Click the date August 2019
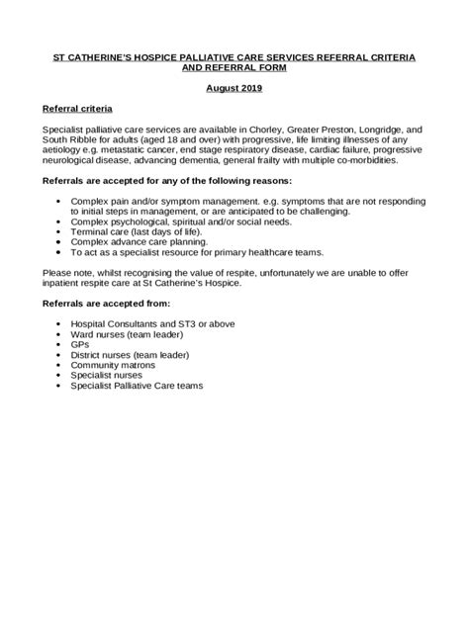point(234,88)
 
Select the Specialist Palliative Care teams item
point(136,386)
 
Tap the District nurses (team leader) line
point(130,353)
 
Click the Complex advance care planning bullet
point(138,240)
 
